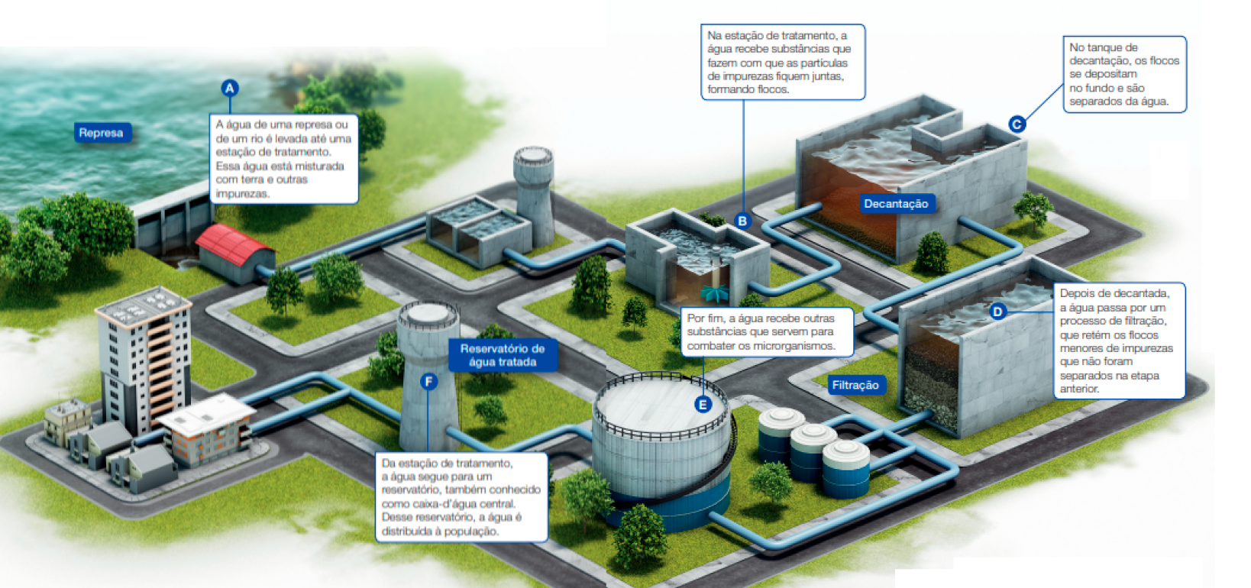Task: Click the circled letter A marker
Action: pyautogui.click(x=230, y=89)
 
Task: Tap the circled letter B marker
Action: pyautogui.click(x=742, y=221)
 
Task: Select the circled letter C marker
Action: pyautogui.click(x=1017, y=124)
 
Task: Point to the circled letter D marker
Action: pyautogui.click(x=997, y=311)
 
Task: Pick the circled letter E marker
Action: pyautogui.click(x=703, y=405)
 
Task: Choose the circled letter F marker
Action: pyautogui.click(x=428, y=381)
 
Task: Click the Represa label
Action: pyautogui.click(x=101, y=133)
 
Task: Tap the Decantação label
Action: pyautogui.click(x=896, y=204)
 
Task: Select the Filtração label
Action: pyautogui.click(x=855, y=386)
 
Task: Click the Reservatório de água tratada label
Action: pyautogui.click(x=503, y=355)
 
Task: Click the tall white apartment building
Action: pyautogui.click(x=145, y=359)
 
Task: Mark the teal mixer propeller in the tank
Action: pyautogui.click(x=716, y=292)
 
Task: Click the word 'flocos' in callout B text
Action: pyautogui.click(x=771, y=89)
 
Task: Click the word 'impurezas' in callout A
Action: pyautogui.click(x=242, y=194)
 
